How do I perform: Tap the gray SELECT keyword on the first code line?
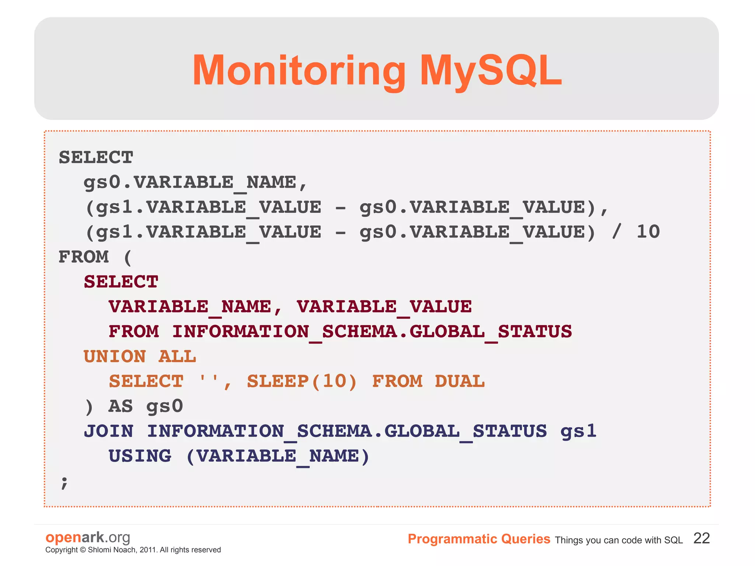[96, 158]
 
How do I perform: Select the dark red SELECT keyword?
[121, 282]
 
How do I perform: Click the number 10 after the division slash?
[648, 232]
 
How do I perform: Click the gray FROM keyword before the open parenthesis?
[84, 257]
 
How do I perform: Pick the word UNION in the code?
[115, 357]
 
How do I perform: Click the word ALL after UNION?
[177, 357]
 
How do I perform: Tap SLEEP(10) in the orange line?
[302, 382]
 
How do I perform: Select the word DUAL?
[459, 382]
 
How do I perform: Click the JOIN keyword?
[108, 431]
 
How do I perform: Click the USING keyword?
[140, 456]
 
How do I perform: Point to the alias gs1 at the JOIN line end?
[578, 431]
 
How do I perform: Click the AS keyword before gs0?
[120, 406]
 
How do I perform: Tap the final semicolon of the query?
[64, 482]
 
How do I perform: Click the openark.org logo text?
[88, 538]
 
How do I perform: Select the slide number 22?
[701, 538]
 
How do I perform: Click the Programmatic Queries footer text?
[479, 539]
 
